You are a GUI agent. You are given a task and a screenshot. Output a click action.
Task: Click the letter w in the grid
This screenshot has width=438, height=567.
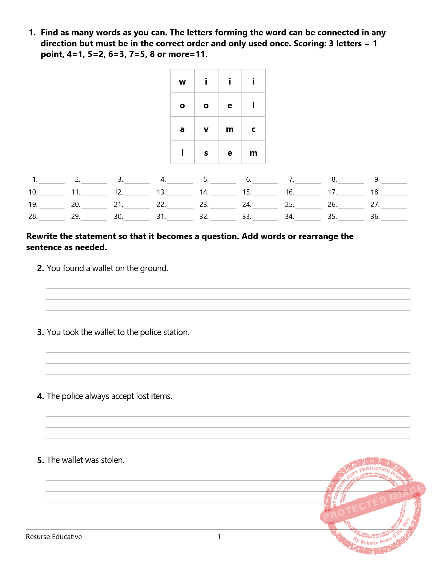click(x=182, y=82)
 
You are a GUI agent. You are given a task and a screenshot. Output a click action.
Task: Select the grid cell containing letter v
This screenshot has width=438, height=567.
click(x=206, y=129)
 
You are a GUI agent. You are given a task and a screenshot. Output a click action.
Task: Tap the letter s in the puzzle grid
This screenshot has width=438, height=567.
click(x=206, y=153)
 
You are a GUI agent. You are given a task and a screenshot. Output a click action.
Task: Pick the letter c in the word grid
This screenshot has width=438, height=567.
click(x=254, y=129)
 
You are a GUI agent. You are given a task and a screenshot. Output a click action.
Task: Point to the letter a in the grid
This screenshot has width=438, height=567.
click(x=182, y=129)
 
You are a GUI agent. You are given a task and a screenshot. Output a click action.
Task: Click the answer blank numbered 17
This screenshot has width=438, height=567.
click(x=350, y=193)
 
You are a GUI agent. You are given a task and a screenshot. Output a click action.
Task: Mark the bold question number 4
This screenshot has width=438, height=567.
click(x=41, y=397)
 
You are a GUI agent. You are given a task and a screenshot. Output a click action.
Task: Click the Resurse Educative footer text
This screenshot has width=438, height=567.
click(x=54, y=537)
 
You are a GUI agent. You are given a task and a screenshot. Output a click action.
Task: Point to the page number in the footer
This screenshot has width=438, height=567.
click(x=219, y=537)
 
